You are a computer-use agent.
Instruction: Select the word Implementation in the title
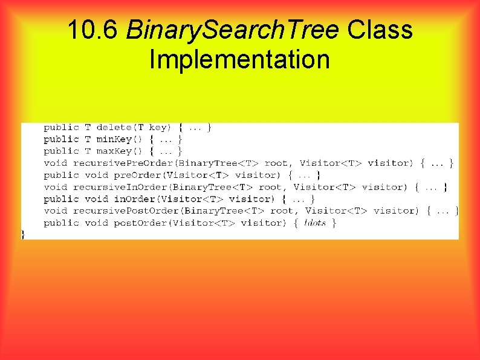pyautogui.click(x=239, y=60)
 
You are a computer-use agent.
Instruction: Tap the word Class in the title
pyautogui.click(x=380, y=30)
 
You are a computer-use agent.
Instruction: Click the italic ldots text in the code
pyautogui.click(x=315, y=223)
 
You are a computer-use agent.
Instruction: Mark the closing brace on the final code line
pyautogui.click(x=24, y=234)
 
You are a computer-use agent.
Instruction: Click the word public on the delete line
pyautogui.click(x=61, y=127)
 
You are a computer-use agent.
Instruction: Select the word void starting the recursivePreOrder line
pyautogui.click(x=55, y=163)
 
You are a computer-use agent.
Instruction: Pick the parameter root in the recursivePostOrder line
pyautogui.click(x=282, y=211)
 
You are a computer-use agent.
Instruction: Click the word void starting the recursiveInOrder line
pyautogui.click(x=55, y=187)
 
